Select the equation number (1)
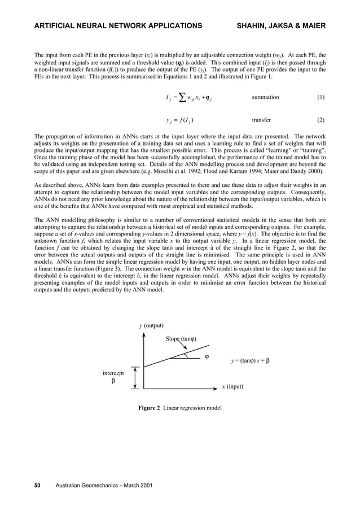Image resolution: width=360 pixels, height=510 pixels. (x=321, y=97)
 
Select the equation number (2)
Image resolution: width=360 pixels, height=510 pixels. (x=321, y=120)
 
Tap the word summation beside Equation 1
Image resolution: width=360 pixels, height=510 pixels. (x=265, y=97)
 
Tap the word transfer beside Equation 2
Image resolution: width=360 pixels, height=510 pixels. (x=261, y=120)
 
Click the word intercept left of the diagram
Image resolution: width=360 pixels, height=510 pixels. (x=113, y=373)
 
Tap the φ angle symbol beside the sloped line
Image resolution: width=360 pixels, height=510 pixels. (x=207, y=356)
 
